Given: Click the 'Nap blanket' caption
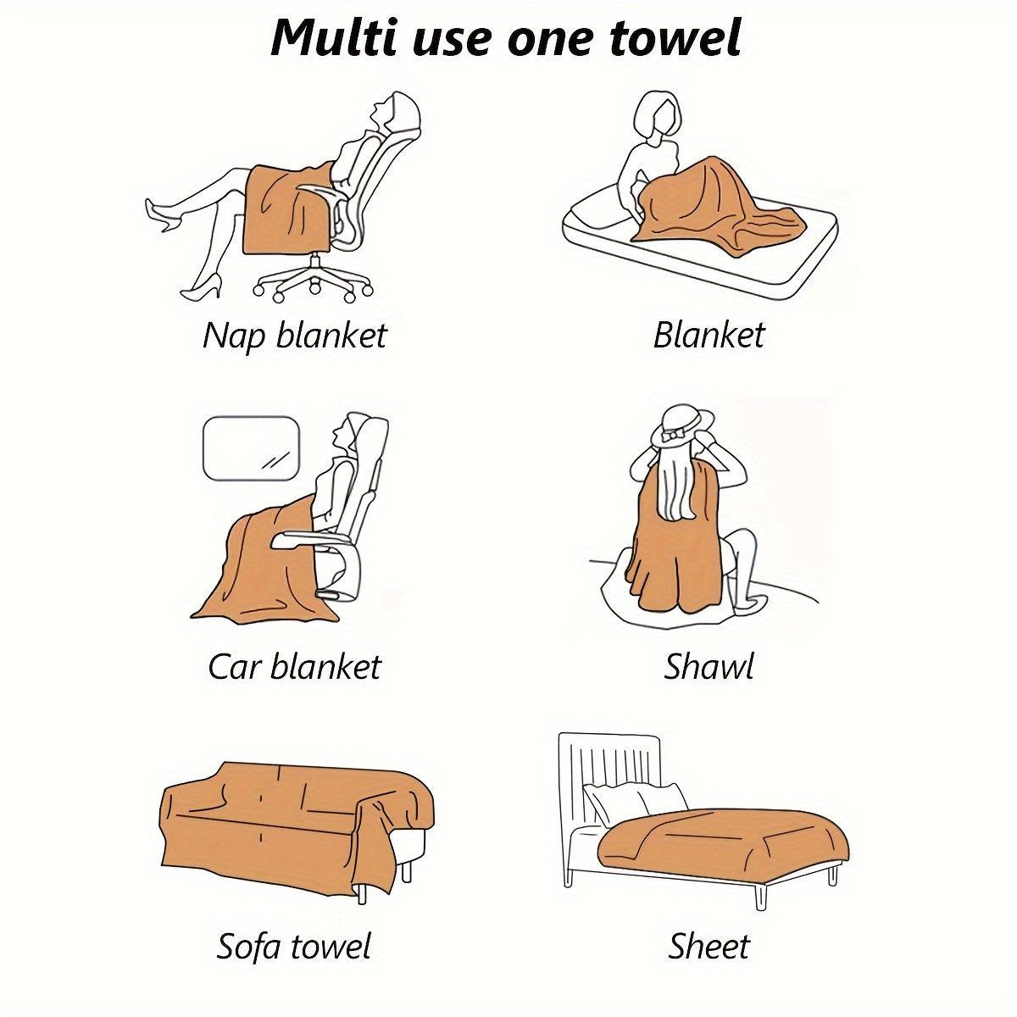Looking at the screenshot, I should tap(294, 336).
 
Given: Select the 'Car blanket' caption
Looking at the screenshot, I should tap(294, 667).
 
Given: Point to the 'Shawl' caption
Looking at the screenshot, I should tap(709, 667).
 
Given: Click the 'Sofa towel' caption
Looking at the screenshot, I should tap(294, 946).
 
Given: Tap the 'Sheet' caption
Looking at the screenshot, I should tap(709, 946).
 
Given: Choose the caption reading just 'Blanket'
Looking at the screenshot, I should tap(709, 336).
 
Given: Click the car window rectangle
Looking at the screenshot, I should tap(251, 447).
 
